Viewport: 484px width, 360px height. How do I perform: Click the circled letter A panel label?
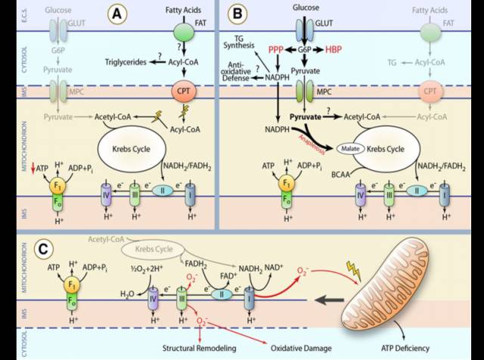(118, 13)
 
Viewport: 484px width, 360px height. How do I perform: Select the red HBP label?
(334, 50)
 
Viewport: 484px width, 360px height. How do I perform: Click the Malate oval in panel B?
(351, 149)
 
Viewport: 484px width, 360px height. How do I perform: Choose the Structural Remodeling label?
(198, 348)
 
